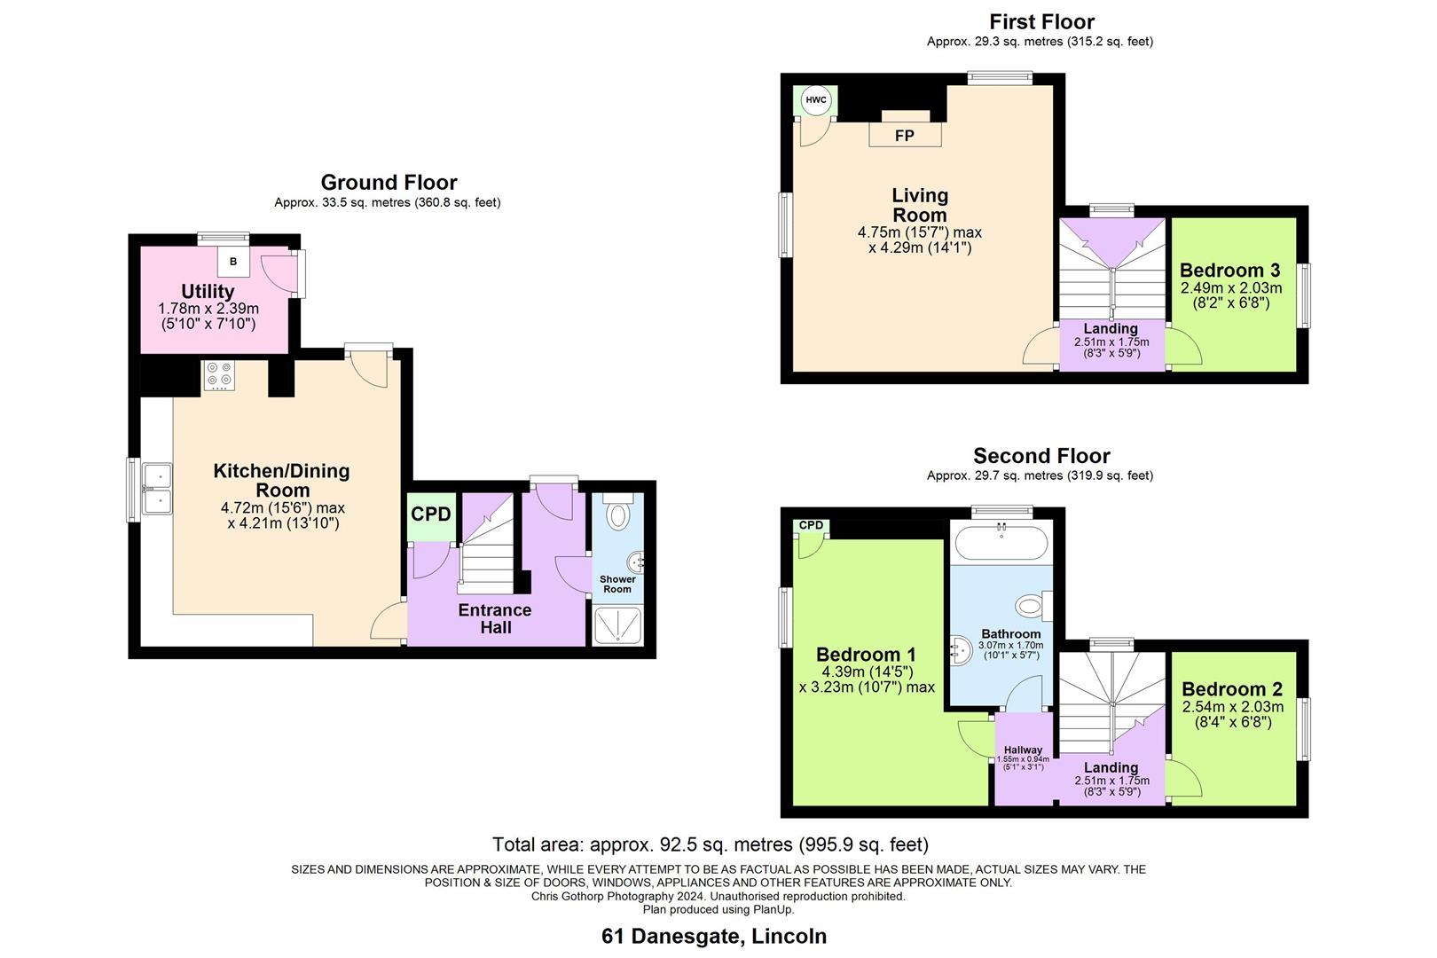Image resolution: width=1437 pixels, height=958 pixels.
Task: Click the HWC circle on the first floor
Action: click(815, 100)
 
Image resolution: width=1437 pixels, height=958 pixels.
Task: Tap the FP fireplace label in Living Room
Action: click(904, 136)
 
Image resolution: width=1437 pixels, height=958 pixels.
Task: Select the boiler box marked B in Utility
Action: click(234, 262)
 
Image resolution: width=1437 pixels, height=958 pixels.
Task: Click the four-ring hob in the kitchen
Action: click(218, 374)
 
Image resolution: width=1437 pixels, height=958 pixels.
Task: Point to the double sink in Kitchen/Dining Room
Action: click(158, 490)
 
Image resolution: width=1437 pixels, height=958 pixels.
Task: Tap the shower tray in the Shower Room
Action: click(617, 624)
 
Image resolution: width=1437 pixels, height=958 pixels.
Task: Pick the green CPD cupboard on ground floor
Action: click(431, 515)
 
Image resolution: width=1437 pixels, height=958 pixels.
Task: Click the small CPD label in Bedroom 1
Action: click(811, 525)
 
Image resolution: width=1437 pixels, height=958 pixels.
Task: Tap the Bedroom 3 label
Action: click(1229, 271)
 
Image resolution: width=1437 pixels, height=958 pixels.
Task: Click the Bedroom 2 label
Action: click(1232, 689)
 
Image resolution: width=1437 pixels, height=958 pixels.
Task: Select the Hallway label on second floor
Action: click(1023, 750)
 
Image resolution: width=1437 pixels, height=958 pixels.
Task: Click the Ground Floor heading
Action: click(389, 182)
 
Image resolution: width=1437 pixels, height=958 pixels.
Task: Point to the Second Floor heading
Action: click(1041, 456)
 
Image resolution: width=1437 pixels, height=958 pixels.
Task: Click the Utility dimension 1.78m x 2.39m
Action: click(208, 309)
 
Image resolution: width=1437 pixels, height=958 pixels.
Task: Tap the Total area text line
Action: click(711, 844)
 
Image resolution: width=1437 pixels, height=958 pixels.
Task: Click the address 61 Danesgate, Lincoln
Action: click(714, 936)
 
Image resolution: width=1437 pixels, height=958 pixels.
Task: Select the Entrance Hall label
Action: click(495, 618)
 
